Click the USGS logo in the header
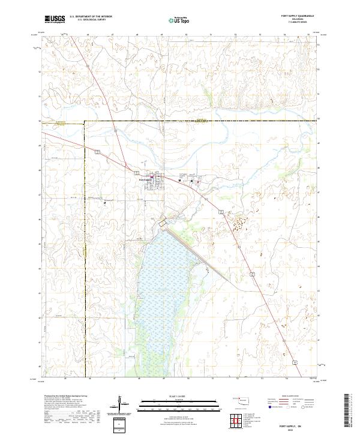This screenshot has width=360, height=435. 55,19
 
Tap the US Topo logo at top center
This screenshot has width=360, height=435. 178,20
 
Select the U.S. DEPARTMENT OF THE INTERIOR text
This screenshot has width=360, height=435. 91,16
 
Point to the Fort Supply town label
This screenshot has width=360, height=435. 146,179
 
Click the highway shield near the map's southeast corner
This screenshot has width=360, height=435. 296,362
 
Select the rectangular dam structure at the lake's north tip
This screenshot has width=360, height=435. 161,224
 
